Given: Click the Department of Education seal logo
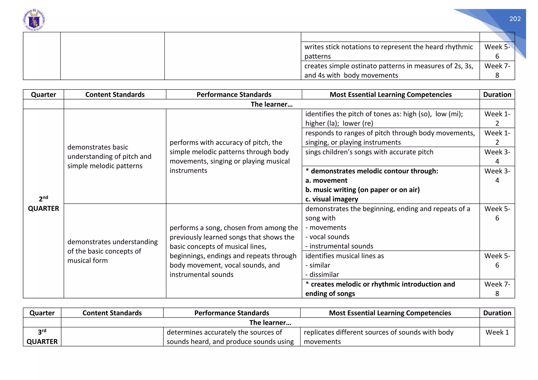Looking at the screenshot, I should (34, 20).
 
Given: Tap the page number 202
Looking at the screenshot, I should (515, 19).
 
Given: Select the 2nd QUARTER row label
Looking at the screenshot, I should (43, 204).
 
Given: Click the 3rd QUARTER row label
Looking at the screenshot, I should (42, 337).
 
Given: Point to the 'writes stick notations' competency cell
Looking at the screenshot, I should (389, 51).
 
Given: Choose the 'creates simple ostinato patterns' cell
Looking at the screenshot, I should (389, 70).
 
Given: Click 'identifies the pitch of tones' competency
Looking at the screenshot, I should (384, 118).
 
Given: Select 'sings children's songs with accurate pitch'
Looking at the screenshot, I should (369, 152).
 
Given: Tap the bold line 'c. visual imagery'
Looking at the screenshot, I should (332, 199).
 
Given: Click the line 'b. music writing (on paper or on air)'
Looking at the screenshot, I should (362, 190).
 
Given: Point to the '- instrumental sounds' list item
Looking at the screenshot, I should (339, 246).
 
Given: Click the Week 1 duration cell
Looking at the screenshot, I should (497, 332).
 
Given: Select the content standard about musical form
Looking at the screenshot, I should (112, 251).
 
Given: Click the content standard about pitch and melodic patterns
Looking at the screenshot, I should (109, 156).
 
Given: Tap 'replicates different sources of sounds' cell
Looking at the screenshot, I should (378, 337).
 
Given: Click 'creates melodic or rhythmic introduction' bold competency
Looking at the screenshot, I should (380, 289).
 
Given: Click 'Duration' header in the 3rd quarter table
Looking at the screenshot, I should (497, 313).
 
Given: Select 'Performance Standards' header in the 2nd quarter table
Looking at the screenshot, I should (234, 94).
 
